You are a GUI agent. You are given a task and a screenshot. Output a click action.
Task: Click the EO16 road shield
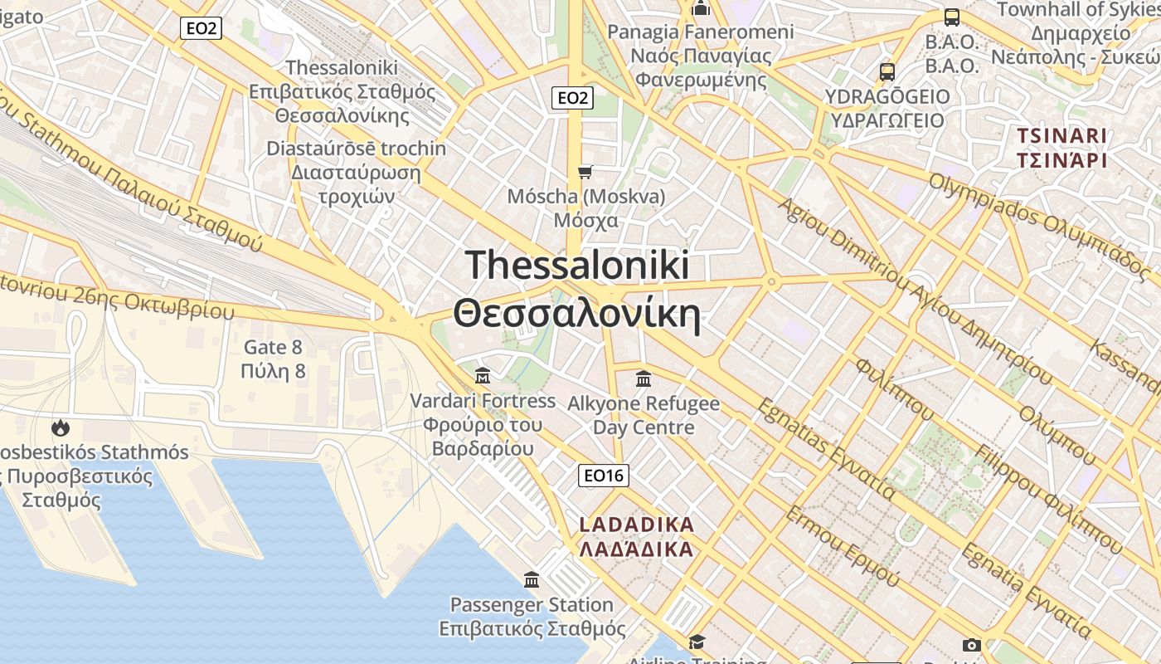click(603, 476)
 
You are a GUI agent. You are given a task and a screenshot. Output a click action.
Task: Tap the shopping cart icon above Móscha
click(585, 172)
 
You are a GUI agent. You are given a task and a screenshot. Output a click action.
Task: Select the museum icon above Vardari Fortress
click(483, 376)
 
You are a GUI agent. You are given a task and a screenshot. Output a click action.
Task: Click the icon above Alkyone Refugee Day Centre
click(643, 379)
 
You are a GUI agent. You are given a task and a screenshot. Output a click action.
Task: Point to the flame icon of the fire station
click(60, 428)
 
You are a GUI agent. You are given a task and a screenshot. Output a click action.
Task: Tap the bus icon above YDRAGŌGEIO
click(887, 71)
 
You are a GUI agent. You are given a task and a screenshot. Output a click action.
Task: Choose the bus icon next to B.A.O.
click(952, 17)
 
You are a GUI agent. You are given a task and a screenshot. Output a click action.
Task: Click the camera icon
click(971, 645)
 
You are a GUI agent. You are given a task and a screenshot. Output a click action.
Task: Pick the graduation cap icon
click(697, 642)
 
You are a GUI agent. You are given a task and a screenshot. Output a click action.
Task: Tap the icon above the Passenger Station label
click(532, 579)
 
